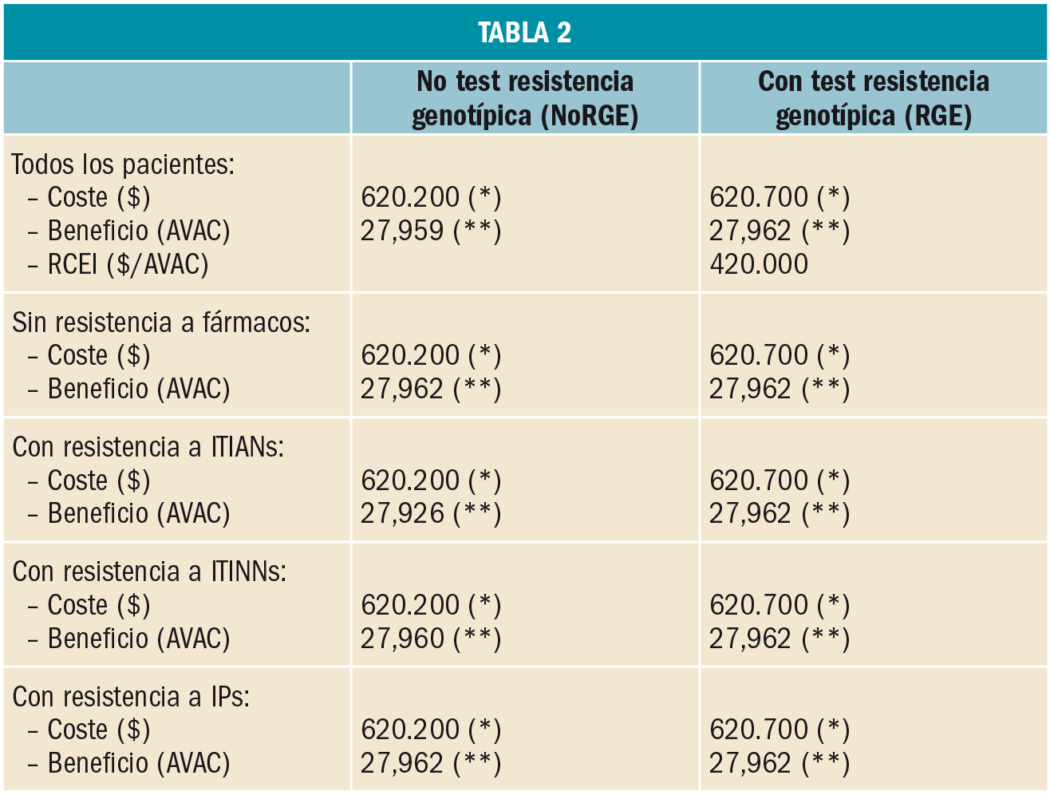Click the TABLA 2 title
coord(524,33)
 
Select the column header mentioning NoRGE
coord(524,99)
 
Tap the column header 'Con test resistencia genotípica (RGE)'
coord(873,99)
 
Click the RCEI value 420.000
coord(758,264)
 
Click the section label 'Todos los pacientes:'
coord(123,164)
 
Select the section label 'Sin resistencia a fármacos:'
coord(160,322)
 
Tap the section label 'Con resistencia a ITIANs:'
coord(148,447)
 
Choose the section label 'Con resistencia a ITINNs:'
coord(149,572)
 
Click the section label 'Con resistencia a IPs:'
coord(131,697)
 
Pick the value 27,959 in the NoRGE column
coord(401,231)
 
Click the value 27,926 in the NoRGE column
coord(401,513)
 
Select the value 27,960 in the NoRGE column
coord(401,639)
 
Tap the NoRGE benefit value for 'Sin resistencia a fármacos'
coord(401,389)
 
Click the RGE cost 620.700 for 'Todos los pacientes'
coord(758,197)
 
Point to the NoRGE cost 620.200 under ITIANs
coord(410,481)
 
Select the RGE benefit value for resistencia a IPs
coord(750,763)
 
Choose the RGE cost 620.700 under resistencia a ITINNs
coord(758,605)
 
